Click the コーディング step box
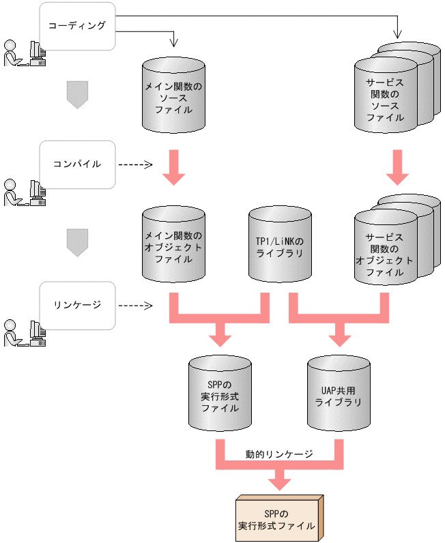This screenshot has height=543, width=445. [76, 26]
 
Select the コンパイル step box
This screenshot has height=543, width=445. [76, 164]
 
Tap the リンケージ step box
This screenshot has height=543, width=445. [76, 304]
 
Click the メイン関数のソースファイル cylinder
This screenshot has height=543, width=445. [173, 96]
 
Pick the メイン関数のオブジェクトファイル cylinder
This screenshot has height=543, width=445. [173, 245]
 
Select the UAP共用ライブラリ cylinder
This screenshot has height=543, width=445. [337, 393]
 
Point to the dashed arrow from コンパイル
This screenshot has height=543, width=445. [135, 164]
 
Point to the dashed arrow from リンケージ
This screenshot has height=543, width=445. [135, 304]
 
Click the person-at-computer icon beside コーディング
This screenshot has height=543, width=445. [25, 53]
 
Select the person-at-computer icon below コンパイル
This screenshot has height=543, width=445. [25, 192]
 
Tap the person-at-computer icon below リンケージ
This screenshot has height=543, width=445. [25, 333]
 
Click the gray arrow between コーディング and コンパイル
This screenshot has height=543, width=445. [77, 94]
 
